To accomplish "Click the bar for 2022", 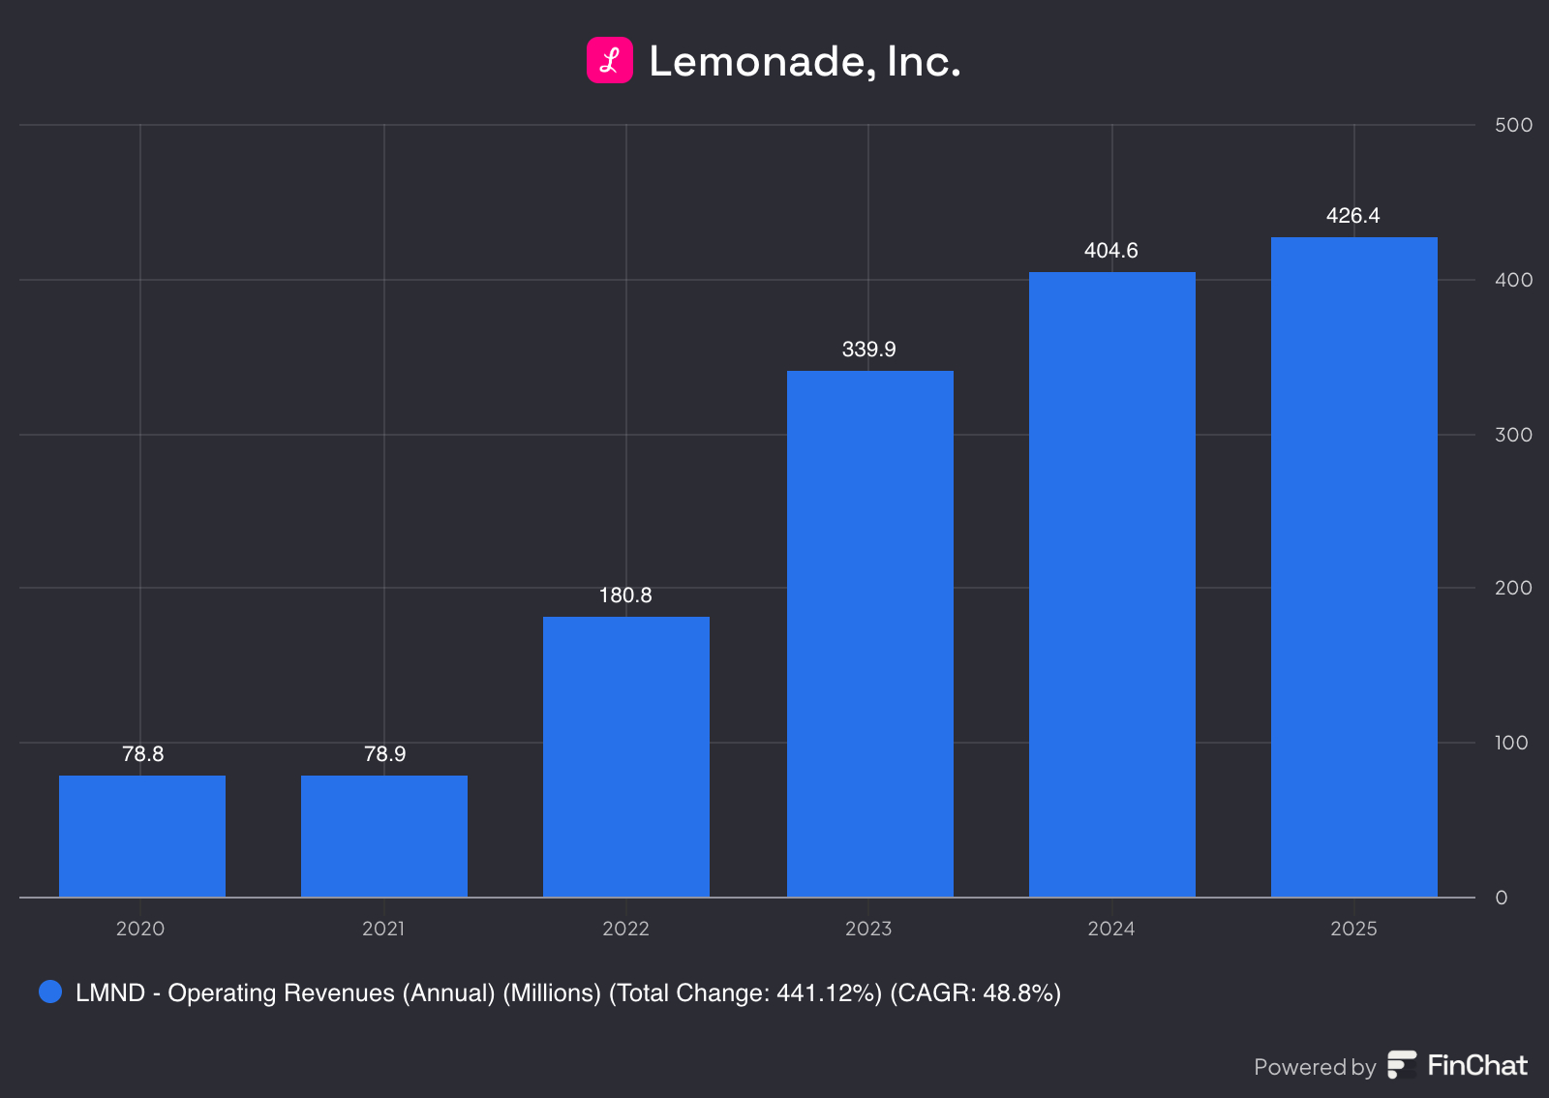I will (626, 756).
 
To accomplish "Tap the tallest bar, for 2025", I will (1353, 566).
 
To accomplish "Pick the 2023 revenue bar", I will (869, 633).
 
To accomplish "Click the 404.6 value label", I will (1110, 251).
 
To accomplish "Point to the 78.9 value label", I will (384, 754).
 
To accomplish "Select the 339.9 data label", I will (868, 350).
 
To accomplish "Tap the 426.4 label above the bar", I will (1352, 216).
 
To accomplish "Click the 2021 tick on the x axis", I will (383, 929).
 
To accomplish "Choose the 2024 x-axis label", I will (1110, 929).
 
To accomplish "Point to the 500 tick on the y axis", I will (1513, 125).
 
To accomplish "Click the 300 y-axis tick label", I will (1513, 435).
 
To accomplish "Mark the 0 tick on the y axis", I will (1502, 898).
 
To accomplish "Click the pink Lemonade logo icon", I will (610, 60).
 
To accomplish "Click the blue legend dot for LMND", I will (50, 991).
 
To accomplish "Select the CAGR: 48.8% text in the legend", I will (975, 992).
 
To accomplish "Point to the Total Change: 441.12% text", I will (745, 992).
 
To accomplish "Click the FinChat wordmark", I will (1476, 1065).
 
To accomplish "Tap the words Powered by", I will (1314, 1067).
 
